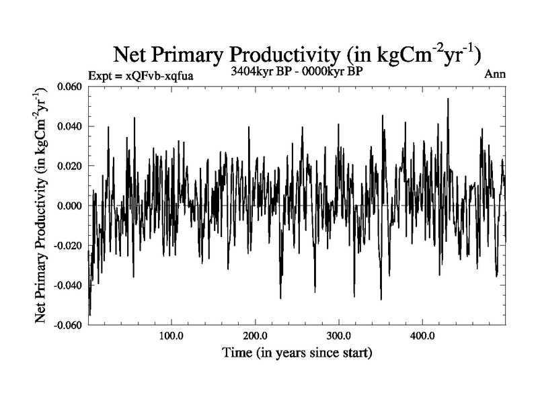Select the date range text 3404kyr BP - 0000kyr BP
tap(297, 72)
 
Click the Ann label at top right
tap(495, 74)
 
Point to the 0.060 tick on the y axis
tap(71, 87)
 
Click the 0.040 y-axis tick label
tap(71, 126)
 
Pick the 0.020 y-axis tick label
tap(71, 166)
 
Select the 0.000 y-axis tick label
tap(71, 206)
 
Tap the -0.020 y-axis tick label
tap(69, 245)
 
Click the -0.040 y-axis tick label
tap(69, 285)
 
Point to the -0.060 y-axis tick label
tap(69, 324)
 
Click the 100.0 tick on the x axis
tap(171, 336)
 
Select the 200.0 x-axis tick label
tap(255, 336)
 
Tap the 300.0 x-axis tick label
tap(338, 336)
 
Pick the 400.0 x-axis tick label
tap(422, 336)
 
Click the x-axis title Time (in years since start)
tap(297, 353)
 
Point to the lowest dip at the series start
tap(89, 314)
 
